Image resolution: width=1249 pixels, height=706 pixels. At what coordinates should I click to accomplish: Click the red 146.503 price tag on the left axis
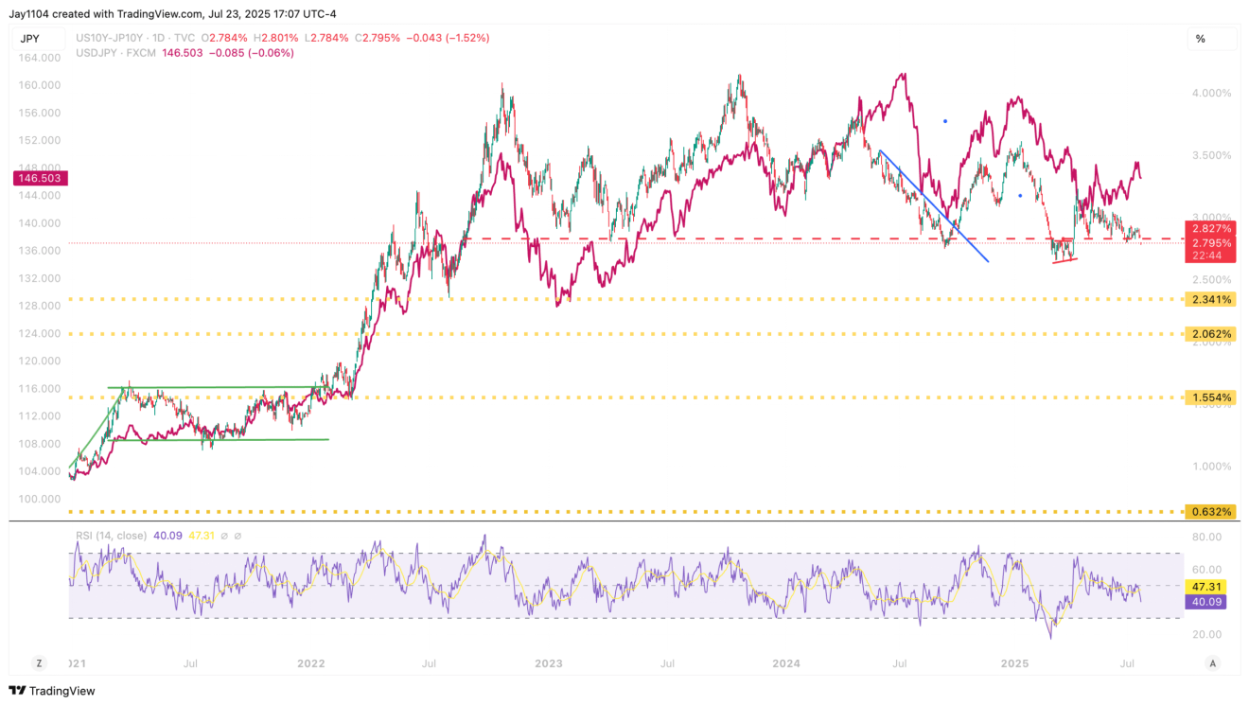(35, 178)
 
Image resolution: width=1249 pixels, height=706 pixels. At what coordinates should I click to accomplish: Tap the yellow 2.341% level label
(1210, 300)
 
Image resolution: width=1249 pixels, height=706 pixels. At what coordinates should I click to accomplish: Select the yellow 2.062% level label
(1210, 334)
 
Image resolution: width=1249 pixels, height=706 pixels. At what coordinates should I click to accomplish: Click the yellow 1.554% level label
(1210, 397)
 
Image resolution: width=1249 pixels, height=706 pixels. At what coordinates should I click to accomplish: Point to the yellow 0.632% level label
(1210, 512)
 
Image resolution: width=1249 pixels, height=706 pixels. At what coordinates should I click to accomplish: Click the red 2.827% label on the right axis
(1210, 229)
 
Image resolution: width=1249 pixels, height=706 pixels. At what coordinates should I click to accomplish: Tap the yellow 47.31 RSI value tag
(1210, 587)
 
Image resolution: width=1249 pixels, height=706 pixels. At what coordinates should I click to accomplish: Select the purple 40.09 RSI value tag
(1210, 601)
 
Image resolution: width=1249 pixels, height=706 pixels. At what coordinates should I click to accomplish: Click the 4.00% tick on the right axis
(1212, 93)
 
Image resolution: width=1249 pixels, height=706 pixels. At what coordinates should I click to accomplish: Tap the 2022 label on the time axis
(311, 663)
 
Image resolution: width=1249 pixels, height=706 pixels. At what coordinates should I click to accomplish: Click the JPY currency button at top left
(29, 39)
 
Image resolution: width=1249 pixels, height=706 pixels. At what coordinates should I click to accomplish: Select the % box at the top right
(1201, 39)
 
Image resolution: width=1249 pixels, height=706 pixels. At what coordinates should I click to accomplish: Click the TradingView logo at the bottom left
(53, 691)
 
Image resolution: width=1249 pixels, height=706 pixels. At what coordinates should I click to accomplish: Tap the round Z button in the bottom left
(40, 663)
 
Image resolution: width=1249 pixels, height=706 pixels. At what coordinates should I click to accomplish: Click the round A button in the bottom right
(1212, 663)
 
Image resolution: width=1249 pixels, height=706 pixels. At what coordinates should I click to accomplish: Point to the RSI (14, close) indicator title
(112, 536)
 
